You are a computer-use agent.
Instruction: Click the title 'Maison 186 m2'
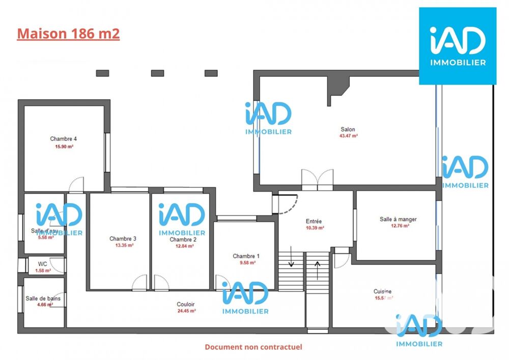68,34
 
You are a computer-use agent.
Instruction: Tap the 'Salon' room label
348,129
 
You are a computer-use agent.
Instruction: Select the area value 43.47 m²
348,136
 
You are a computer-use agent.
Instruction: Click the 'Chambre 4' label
63,139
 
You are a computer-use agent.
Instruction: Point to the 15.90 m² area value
64,146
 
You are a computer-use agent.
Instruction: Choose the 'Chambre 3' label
123,238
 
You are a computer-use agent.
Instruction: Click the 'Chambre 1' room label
246,256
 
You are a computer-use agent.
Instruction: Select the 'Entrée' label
314,221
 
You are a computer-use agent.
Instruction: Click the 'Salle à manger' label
398,219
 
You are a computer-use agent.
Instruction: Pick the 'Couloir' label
186,304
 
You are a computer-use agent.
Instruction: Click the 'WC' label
43,264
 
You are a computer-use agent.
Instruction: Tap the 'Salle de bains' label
43,298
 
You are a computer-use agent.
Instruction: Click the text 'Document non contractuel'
253,347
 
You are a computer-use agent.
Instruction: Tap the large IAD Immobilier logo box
457,46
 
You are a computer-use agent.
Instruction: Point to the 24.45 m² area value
186,311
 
